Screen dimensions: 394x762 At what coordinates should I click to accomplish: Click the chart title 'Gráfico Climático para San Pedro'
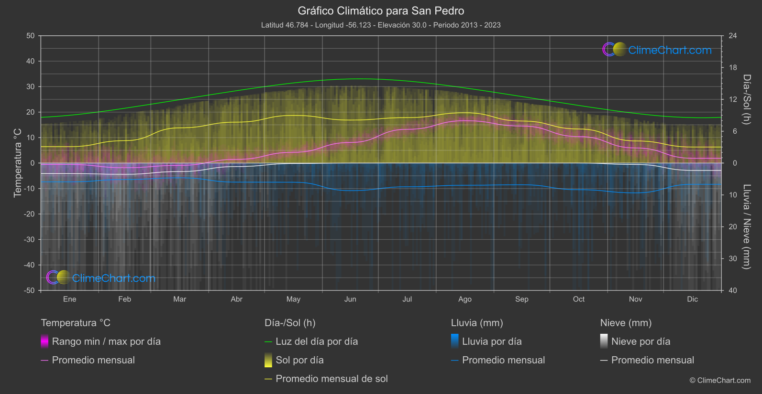tap(381, 11)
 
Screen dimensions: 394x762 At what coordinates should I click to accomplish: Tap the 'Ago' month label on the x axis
tap(464, 299)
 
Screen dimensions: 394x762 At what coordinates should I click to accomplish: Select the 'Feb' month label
tap(124, 299)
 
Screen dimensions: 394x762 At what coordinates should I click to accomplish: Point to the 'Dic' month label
tap(692, 299)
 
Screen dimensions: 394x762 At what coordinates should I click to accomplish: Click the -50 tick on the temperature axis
tap(30, 290)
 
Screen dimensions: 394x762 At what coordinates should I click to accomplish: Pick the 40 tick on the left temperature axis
tap(30, 61)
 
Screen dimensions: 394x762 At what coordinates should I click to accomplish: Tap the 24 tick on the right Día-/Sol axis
tap(732, 36)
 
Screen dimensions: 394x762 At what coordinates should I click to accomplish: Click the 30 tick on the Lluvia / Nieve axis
tap(732, 258)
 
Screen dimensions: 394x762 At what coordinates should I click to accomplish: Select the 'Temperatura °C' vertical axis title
tap(18, 163)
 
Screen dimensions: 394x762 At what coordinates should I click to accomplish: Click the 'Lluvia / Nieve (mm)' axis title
tap(746, 227)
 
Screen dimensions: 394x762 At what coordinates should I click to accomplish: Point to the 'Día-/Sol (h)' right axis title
tap(746, 99)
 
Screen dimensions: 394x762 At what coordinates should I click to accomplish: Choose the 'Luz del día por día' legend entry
tap(316, 341)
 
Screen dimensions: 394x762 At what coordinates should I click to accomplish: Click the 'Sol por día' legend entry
tap(299, 360)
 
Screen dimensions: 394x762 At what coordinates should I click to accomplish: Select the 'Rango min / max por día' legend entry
tap(106, 341)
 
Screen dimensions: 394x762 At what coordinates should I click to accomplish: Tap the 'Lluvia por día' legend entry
tap(491, 341)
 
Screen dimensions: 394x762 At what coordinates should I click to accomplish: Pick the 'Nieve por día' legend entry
tap(641, 341)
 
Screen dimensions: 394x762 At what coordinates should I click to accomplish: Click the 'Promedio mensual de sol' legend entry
tap(331, 379)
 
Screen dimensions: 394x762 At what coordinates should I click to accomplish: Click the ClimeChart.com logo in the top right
tap(657, 50)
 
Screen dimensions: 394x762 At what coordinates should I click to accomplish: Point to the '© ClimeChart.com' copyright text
tap(720, 380)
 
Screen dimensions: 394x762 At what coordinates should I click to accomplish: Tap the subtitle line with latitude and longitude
tap(381, 25)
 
